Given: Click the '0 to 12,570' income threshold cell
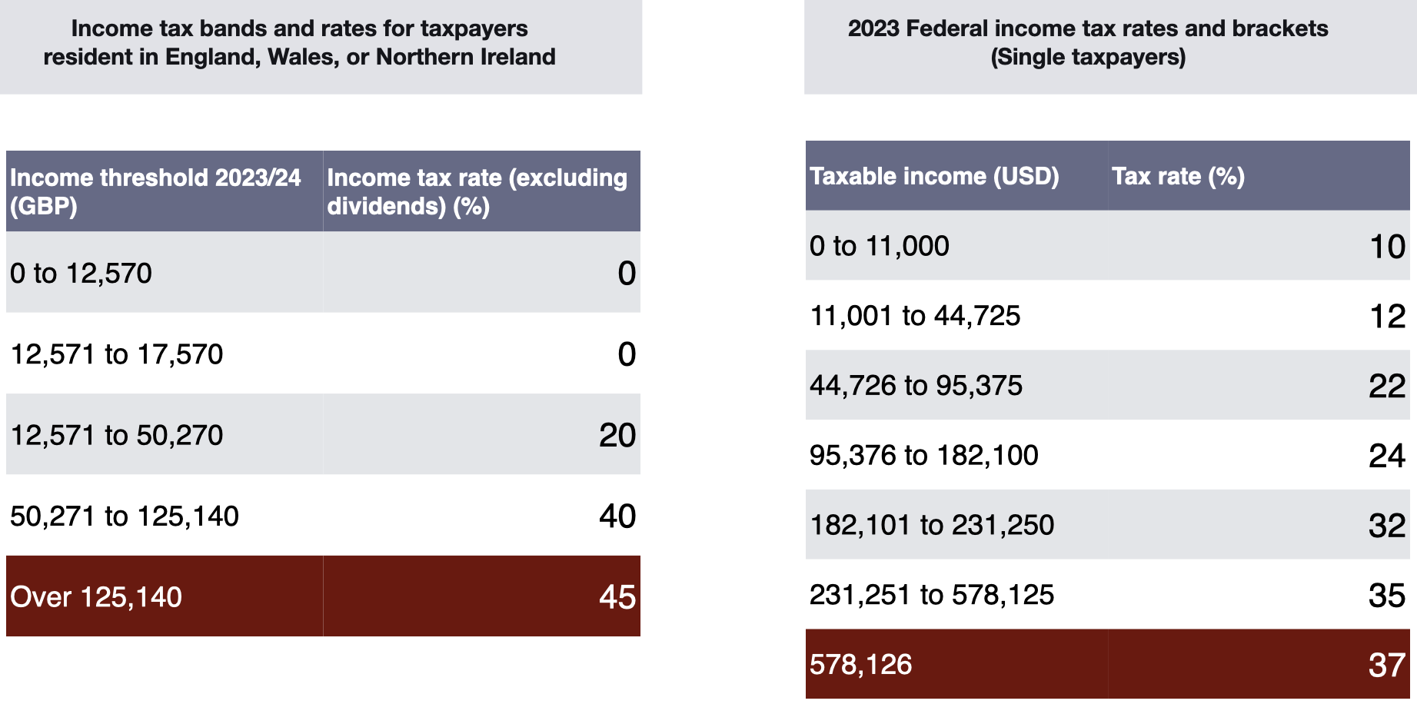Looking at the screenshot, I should (81, 274).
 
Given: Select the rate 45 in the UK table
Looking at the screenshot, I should (617, 597).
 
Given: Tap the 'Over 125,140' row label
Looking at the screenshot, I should (96, 597).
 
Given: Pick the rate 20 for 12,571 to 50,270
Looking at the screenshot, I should (617, 436).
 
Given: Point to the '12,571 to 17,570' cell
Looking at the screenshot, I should (117, 354).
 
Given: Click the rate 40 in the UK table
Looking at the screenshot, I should (617, 516).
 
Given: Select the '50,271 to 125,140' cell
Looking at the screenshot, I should (125, 516).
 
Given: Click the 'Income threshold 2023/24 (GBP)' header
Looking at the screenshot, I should (155, 191).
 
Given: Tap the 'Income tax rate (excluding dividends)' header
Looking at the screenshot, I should (477, 191).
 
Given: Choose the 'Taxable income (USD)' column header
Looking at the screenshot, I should (934, 176).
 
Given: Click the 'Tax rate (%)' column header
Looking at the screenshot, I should (1178, 176).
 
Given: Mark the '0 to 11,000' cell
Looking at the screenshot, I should (880, 246).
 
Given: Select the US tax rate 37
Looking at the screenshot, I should (1386, 665).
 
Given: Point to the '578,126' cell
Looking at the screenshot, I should (861, 665).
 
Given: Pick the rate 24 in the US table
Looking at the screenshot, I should (1386, 456).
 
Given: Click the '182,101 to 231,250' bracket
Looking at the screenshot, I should (932, 525).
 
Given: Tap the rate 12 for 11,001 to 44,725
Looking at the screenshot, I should (1387, 317).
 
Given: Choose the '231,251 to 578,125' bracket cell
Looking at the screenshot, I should (932, 595).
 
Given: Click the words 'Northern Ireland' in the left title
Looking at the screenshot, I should (466, 57).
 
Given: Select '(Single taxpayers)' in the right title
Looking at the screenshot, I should (1088, 57).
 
